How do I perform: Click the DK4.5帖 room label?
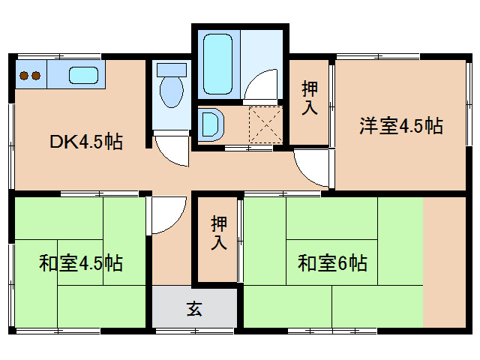click(x=86, y=141)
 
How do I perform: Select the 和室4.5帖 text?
click(x=81, y=263)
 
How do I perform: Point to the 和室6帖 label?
click(x=332, y=263)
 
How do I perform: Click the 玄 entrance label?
click(x=194, y=307)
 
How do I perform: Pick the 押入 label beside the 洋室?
click(x=310, y=98)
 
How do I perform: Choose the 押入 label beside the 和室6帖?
click(x=218, y=232)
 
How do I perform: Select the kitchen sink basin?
click(x=83, y=76)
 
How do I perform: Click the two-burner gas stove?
click(x=28, y=76)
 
